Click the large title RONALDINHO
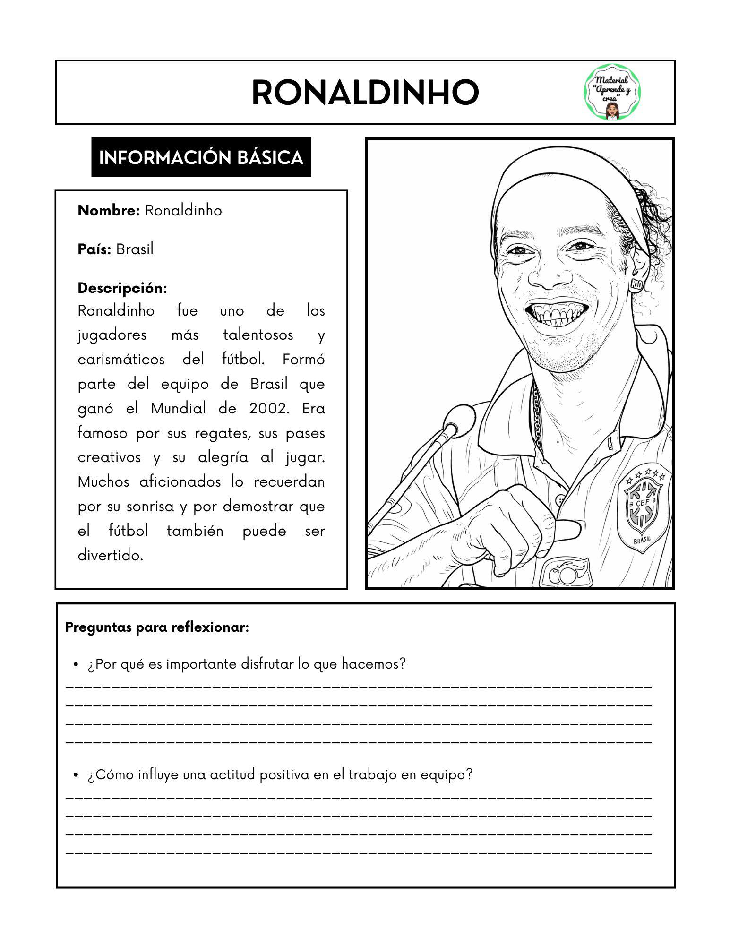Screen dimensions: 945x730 (x=365, y=93)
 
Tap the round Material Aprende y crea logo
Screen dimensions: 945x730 (x=613, y=93)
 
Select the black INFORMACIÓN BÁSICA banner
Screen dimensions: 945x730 (x=201, y=157)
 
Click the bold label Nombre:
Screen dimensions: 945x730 (x=109, y=211)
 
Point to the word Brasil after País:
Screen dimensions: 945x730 (x=135, y=249)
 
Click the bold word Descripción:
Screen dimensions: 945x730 (x=122, y=288)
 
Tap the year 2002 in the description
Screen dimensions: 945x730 (x=268, y=408)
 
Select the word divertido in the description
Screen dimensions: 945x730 (x=110, y=556)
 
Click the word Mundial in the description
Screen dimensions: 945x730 (x=178, y=408)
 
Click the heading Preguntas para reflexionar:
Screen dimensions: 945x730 (x=157, y=627)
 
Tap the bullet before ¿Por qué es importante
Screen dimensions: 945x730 (x=76, y=665)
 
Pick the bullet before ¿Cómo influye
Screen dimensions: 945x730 (x=76, y=775)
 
